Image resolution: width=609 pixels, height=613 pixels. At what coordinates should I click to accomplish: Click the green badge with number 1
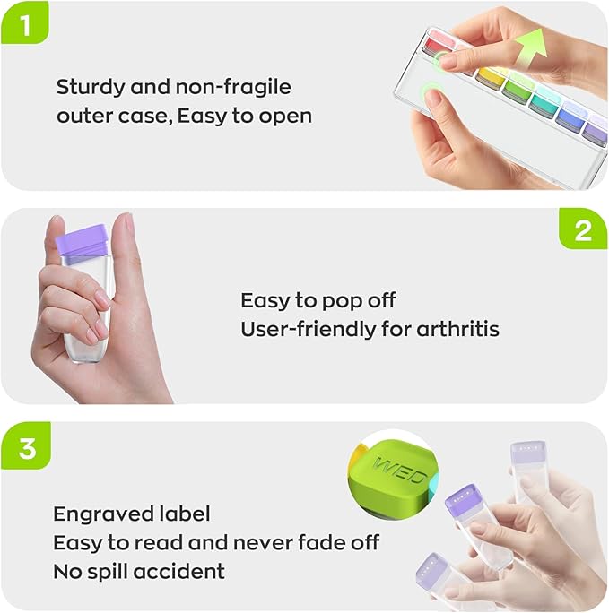26,26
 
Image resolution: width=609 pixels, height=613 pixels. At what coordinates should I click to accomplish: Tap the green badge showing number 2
583,231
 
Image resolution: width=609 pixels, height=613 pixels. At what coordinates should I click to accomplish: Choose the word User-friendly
309,329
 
